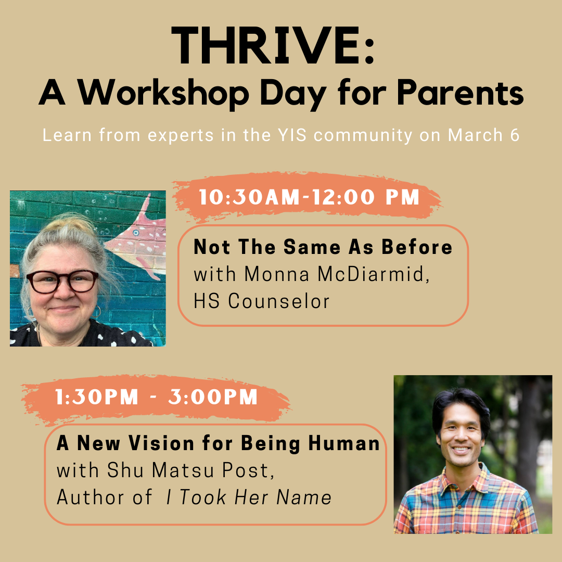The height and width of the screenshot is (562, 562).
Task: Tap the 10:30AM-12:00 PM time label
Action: (x=309, y=198)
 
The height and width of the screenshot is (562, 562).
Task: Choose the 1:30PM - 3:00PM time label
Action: (x=157, y=398)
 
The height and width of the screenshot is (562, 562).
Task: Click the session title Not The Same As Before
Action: (x=323, y=248)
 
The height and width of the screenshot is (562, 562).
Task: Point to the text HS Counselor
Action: (x=261, y=301)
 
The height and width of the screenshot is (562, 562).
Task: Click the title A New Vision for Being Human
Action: (x=218, y=443)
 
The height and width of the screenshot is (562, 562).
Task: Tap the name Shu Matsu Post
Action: (x=190, y=470)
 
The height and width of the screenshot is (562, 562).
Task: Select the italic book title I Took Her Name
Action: (x=249, y=497)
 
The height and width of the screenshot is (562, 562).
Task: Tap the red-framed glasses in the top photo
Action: (x=62, y=282)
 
